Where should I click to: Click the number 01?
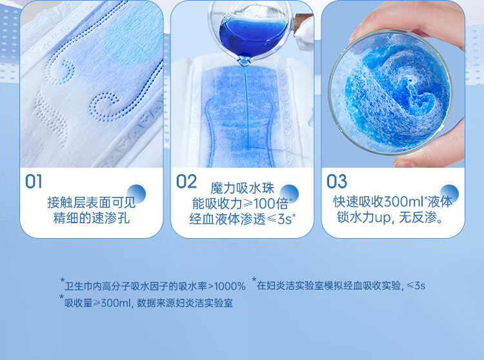click(34, 181)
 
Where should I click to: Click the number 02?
click(186, 181)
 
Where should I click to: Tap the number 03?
click(337, 181)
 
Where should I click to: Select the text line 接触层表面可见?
click(92, 203)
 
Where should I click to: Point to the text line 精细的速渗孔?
click(92, 218)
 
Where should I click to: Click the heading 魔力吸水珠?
click(242, 188)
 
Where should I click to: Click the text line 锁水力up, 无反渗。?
click(390, 217)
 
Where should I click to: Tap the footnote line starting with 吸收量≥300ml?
click(148, 303)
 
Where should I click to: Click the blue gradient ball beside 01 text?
click(136, 194)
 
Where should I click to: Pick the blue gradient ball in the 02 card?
click(289, 194)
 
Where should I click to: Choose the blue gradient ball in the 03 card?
click(449, 194)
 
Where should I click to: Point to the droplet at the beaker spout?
click(245, 61)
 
